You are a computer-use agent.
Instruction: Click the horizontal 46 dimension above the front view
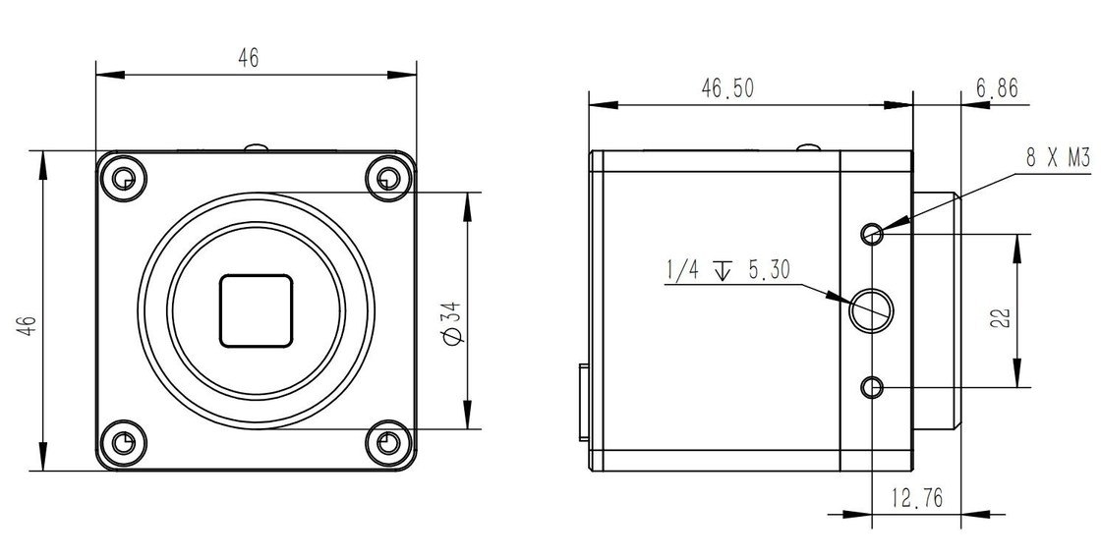pyautogui.click(x=248, y=58)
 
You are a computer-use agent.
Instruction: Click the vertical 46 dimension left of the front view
pyautogui.click(x=27, y=326)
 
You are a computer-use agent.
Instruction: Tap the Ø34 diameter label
pyautogui.click(x=453, y=322)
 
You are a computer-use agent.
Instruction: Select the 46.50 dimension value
pyautogui.click(x=726, y=88)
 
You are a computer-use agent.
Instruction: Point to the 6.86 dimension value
pyautogui.click(x=997, y=87)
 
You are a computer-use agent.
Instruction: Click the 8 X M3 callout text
pyautogui.click(x=1058, y=158)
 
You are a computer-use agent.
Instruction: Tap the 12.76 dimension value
pyautogui.click(x=917, y=498)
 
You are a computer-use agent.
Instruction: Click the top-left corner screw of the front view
pyautogui.click(x=124, y=178)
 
